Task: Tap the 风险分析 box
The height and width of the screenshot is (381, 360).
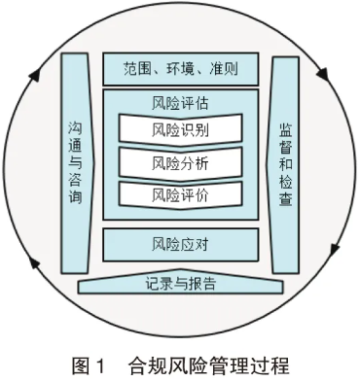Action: (179, 161)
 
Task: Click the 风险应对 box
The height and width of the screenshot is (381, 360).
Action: (179, 243)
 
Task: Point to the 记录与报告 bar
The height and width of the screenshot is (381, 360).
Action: (179, 284)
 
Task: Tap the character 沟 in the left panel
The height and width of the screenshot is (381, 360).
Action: (77, 127)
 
